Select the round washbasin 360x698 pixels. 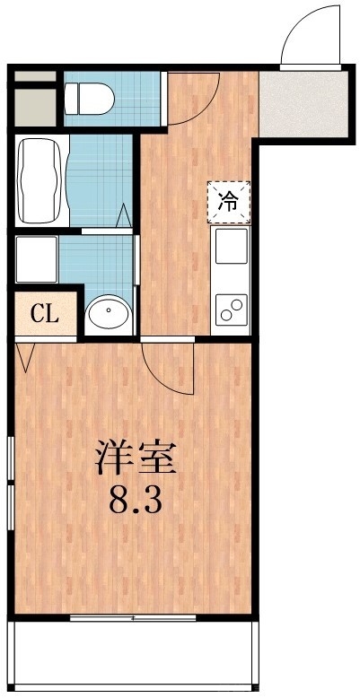pyautogui.click(x=109, y=313)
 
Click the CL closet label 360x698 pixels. pyautogui.click(x=44, y=314)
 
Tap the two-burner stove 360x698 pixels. pyautogui.click(x=231, y=309)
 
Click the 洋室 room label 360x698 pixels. pyautogui.click(x=136, y=459)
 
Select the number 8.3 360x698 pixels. pyautogui.click(x=136, y=501)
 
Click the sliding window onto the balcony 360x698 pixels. pyautogui.click(x=132, y=617)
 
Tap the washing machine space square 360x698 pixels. pyautogui.click(x=36, y=259)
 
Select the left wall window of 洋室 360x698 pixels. pyautogui.click(x=10, y=484)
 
